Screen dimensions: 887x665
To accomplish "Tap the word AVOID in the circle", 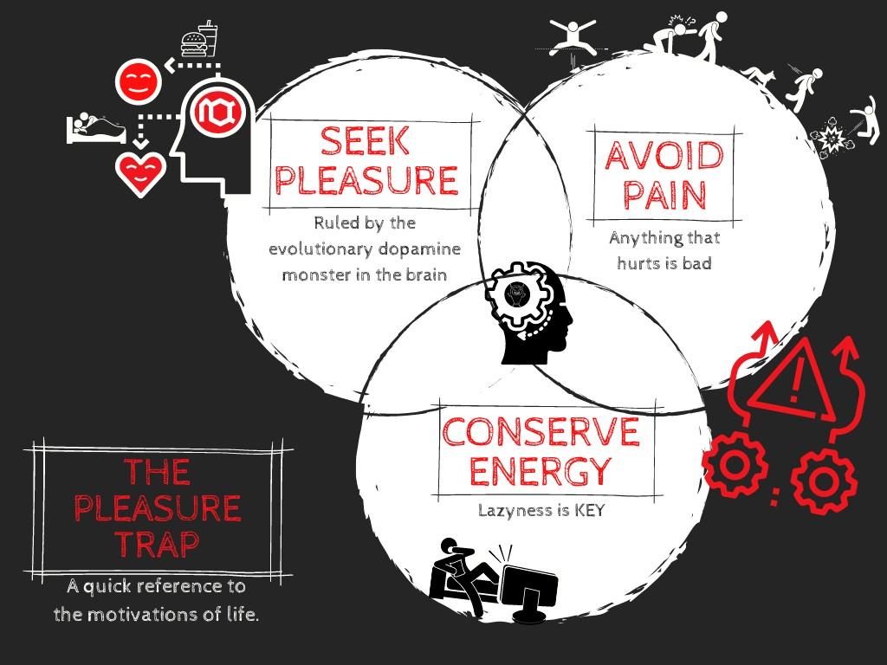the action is [x=664, y=156].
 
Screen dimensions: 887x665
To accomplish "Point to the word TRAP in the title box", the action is [x=157, y=544].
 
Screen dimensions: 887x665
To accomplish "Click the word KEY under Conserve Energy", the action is [x=585, y=510].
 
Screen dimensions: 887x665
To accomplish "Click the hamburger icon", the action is [x=192, y=42].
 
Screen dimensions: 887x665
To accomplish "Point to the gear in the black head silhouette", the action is [x=517, y=298].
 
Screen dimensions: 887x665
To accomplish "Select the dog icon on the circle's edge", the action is [x=755, y=79].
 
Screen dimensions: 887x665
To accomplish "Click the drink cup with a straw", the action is [x=209, y=39].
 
